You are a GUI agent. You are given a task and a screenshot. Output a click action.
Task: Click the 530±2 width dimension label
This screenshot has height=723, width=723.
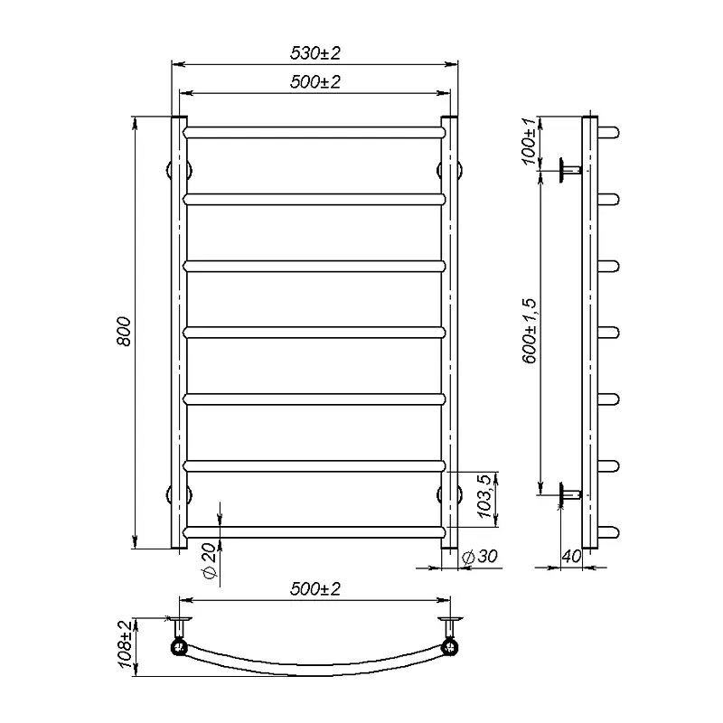(x=315, y=53)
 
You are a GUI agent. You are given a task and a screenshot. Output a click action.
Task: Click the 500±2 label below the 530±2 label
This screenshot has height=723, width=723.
(x=315, y=82)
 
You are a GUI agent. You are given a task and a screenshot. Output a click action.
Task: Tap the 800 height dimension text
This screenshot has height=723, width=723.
(x=124, y=331)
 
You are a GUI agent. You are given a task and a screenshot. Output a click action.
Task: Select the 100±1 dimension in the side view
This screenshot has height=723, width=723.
(x=529, y=141)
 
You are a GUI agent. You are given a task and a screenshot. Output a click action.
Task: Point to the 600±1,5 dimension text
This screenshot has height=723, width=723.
(x=530, y=331)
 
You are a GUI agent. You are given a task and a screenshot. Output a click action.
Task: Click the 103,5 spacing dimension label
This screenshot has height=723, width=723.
(x=484, y=496)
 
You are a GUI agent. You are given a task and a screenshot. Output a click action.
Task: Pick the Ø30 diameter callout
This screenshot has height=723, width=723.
(x=480, y=557)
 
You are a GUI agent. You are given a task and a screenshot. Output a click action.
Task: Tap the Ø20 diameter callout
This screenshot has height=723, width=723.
(x=209, y=561)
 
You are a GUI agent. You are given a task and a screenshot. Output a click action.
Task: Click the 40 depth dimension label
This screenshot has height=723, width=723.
(x=572, y=557)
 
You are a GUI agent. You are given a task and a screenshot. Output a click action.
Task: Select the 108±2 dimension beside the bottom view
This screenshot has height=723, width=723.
(x=126, y=643)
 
